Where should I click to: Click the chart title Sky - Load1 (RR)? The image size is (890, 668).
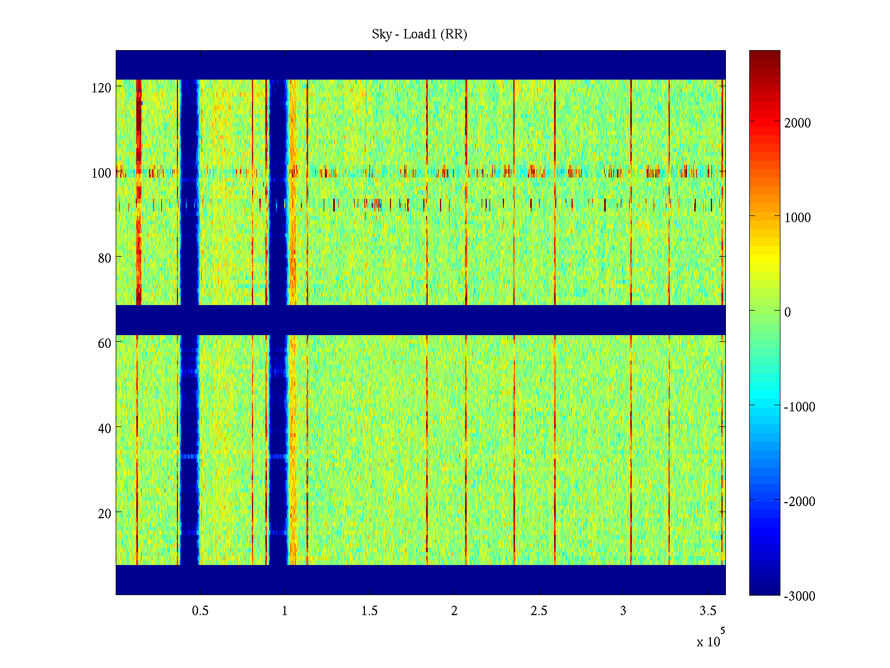[x=419, y=35]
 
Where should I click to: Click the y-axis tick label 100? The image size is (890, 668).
[x=101, y=173]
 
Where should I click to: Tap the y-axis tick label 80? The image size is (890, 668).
[x=105, y=258]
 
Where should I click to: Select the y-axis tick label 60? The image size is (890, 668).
[x=105, y=343]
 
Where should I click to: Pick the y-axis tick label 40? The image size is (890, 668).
[x=105, y=429]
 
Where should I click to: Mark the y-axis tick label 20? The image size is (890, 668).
[x=105, y=514]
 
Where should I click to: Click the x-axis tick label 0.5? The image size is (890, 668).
[x=200, y=611]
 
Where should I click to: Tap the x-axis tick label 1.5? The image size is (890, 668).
[x=369, y=611]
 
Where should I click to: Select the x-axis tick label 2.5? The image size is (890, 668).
[x=538, y=611]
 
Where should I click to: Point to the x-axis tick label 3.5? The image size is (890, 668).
[x=708, y=611]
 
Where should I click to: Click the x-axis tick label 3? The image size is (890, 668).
[x=623, y=611]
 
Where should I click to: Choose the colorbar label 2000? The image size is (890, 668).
[x=798, y=124]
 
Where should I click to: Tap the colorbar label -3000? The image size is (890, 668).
[x=799, y=596]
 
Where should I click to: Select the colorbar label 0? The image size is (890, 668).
[x=787, y=312]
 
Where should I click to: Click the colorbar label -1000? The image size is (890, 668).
[x=799, y=407]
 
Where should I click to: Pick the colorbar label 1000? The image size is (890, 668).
[x=798, y=218]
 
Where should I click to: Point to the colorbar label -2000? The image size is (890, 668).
[x=799, y=502]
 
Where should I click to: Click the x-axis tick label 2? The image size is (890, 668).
[x=454, y=611]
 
